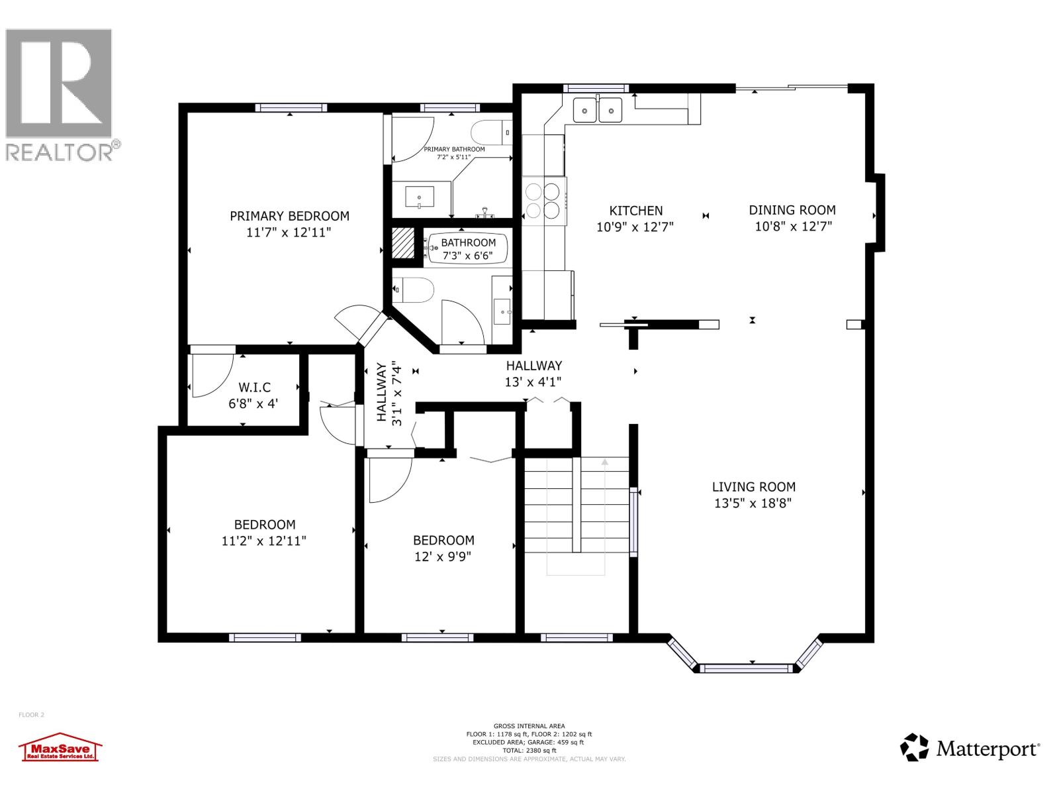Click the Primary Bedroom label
tap(289, 216)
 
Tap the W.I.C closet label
tap(253, 388)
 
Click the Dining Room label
tap(792, 210)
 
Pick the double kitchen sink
tap(598, 109)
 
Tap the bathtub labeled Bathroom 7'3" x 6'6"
tap(467, 248)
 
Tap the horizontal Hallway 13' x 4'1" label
tap(533, 366)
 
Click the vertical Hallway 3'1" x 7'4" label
tap(389, 392)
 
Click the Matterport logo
tap(970, 748)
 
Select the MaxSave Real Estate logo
tap(60, 749)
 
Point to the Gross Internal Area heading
tap(529, 726)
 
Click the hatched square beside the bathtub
tap(402, 242)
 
